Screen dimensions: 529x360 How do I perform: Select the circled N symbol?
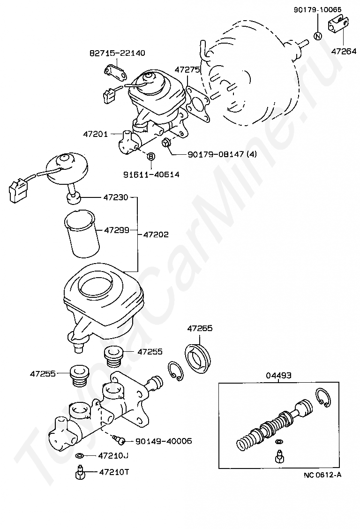click(317, 37)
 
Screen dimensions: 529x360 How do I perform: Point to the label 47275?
click(187, 69)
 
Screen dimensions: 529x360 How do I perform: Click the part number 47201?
click(96, 134)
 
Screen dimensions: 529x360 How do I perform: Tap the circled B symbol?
click(151, 157)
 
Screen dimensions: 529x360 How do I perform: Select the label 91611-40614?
click(151, 174)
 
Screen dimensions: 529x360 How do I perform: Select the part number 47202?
click(156, 234)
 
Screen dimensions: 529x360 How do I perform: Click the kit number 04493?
click(279, 375)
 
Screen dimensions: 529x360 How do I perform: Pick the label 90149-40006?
click(163, 441)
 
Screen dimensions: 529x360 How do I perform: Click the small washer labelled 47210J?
click(79, 455)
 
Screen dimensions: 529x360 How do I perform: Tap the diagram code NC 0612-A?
click(322, 475)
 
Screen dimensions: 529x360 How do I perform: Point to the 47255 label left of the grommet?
click(43, 374)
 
